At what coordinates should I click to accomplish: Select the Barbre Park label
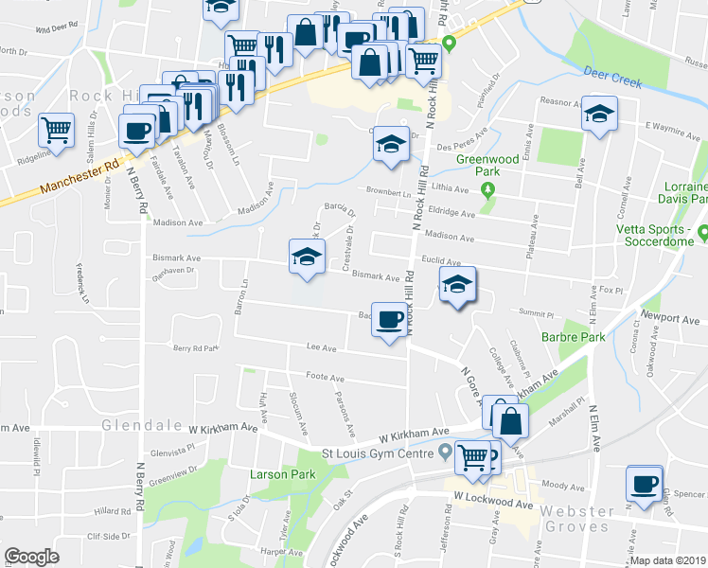(x=573, y=336)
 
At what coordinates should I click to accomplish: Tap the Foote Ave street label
(x=325, y=377)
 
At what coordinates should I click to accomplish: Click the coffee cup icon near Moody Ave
(x=644, y=484)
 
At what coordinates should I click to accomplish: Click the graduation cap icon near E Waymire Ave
(x=598, y=114)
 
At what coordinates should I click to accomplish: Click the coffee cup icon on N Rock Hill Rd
(x=388, y=319)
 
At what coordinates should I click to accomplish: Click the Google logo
(x=31, y=557)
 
